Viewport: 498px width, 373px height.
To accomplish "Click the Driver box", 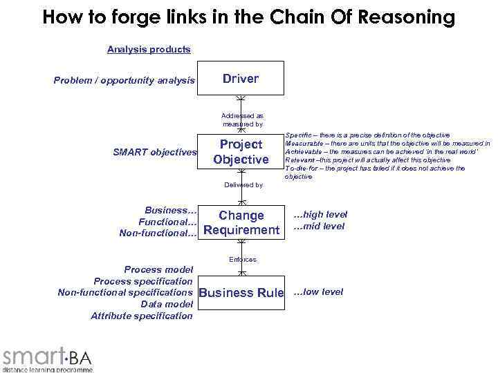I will point(241,79).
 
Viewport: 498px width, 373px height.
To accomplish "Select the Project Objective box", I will point(241,152).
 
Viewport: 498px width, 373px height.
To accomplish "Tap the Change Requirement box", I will point(241,222).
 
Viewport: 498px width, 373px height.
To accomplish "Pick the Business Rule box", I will point(241,293).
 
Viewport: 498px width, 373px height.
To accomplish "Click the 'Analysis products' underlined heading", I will point(149,49).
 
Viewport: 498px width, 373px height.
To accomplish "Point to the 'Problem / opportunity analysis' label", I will point(124,81).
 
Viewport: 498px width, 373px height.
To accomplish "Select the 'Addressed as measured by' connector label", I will point(242,119).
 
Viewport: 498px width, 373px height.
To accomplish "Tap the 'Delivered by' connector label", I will point(243,184).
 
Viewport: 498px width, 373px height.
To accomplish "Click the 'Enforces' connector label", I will point(242,259).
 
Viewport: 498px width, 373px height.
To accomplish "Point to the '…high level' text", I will point(320,214).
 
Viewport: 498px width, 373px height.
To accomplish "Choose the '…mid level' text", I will point(319,226).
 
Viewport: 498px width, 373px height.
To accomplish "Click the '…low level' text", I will point(318,291).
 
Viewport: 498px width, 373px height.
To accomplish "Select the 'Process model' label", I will point(158,269).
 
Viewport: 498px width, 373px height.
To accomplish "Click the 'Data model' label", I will point(167,304).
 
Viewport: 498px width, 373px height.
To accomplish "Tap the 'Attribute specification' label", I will point(142,316).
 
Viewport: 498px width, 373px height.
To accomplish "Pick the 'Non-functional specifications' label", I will point(125,292).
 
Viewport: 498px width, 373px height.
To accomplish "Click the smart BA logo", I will point(47,357).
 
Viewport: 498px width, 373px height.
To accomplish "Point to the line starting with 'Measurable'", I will point(387,143).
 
